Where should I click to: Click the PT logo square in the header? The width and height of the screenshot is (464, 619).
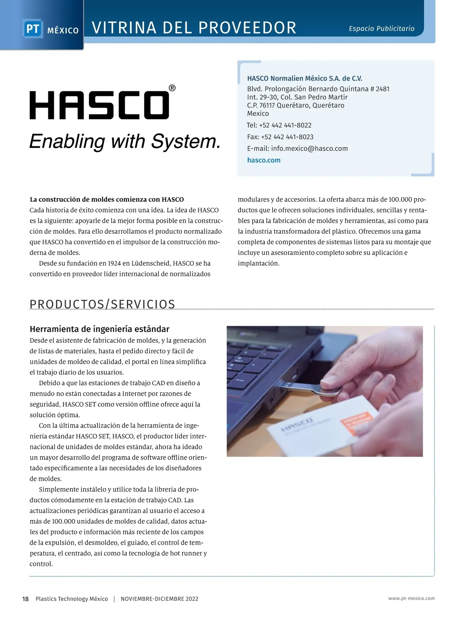pyautogui.click(x=32, y=29)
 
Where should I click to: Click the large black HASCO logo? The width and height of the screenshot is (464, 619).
pyautogui.click(x=99, y=105)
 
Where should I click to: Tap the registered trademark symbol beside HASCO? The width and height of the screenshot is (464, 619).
pyautogui.click(x=172, y=88)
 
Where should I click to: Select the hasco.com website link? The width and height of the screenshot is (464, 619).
pyautogui.click(x=264, y=160)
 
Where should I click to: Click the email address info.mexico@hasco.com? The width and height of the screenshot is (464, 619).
pyautogui.click(x=309, y=149)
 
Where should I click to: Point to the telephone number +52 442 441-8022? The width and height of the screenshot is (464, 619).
pyautogui.click(x=285, y=125)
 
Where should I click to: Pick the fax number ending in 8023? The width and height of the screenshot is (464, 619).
pyautogui.click(x=287, y=137)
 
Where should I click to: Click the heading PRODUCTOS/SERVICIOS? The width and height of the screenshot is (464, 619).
pyautogui.click(x=102, y=304)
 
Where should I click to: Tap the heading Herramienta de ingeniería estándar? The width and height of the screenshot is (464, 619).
pyautogui.click(x=99, y=329)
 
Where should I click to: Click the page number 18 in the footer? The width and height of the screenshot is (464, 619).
pyautogui.click(x=26, y=599)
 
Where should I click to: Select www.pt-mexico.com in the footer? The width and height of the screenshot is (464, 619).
pyautogui.click(x=411, y=598)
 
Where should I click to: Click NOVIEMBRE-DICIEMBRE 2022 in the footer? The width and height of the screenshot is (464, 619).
pyautogui.click(x=159, y=599)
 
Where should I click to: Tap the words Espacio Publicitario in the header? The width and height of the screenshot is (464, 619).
pyautogui.click(x=381, y=29)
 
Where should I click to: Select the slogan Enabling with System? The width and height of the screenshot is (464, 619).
pyautogui.click(x=125, y=142)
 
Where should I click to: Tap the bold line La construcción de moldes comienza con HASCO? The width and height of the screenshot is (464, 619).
pyautogui.click(x=107, y=200)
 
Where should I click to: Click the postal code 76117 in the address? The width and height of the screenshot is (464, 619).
pyautogui.click(x=267, y=105)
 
